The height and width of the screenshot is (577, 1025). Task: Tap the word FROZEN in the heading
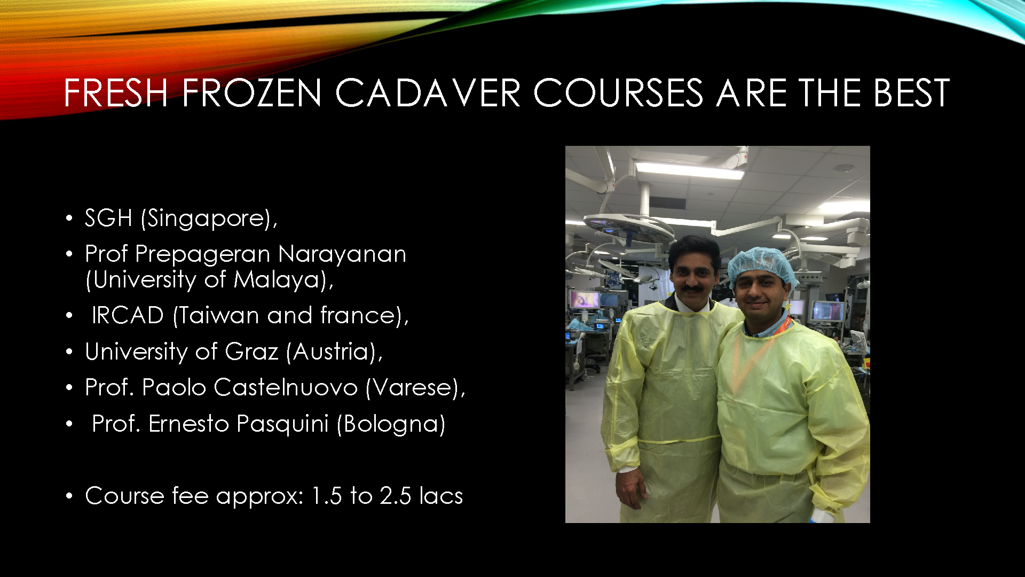252,93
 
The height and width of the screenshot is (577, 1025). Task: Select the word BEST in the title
911,93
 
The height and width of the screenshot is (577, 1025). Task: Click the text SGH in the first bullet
108,218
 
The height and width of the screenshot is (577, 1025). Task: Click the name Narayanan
342,254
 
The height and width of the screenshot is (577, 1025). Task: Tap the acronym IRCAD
128,315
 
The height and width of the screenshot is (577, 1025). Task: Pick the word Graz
251,352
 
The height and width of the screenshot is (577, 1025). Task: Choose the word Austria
332,352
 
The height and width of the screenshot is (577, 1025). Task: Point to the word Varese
413,387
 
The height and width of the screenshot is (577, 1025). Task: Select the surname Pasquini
282,424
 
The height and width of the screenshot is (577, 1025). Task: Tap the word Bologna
391,424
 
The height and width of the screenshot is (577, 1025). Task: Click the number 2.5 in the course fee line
396,496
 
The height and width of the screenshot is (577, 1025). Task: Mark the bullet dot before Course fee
69,496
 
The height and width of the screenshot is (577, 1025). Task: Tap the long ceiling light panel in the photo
690,170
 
